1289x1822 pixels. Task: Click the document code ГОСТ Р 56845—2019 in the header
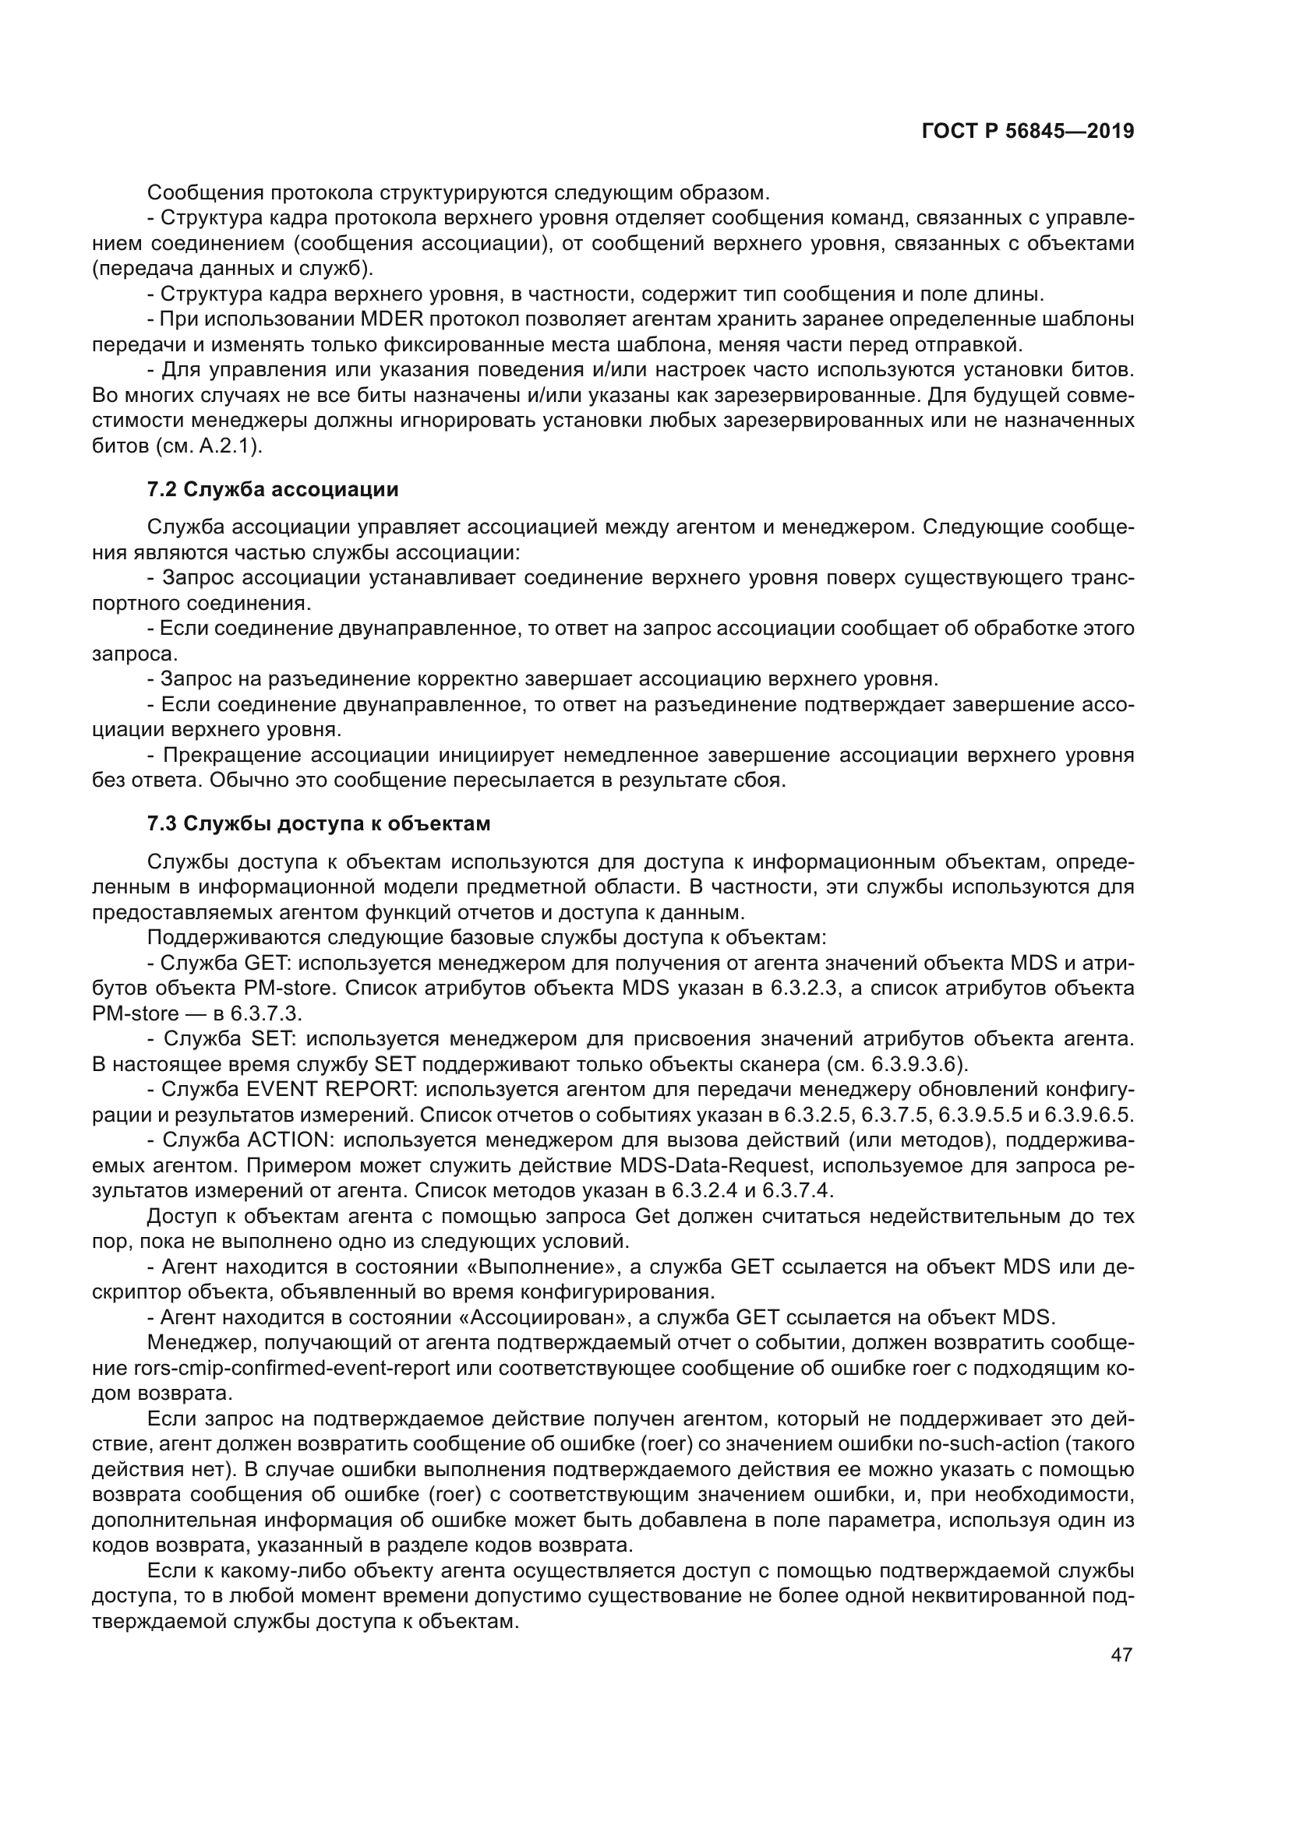(x=1027, y=132)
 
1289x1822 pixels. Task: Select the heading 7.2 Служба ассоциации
(x=272, y=490)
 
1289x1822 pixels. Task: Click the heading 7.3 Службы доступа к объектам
(x=318, y=823)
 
